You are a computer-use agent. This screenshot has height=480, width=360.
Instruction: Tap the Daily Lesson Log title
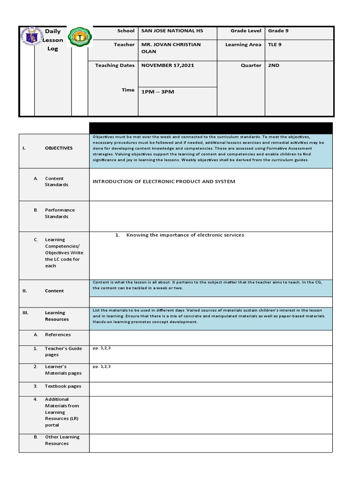(53, 40)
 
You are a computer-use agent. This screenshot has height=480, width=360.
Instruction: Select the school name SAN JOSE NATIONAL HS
(172, 31)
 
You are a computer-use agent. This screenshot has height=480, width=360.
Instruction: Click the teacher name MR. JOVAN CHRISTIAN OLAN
(171, 48)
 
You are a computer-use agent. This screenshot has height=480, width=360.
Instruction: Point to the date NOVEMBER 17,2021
(167, 66)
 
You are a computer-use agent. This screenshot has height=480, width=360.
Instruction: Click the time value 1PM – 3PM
(157, 92)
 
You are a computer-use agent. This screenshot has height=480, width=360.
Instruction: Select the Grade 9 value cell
(275, 31)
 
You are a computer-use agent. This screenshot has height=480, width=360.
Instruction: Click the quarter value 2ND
(273, 66)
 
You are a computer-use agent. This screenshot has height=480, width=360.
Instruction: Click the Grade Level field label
(246, 31)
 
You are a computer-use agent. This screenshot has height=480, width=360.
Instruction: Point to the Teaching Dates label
(115, 66)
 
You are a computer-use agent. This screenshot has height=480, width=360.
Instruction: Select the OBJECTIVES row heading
(59, 148)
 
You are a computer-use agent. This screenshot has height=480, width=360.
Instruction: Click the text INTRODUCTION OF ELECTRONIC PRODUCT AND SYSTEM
(164, 181)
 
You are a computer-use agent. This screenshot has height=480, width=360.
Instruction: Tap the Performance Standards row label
(60, 213)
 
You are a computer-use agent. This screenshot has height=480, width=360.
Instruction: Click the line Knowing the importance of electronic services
(185, 235)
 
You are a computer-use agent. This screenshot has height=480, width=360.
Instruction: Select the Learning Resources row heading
(57, 316)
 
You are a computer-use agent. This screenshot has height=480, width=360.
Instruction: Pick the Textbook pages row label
(63, 386)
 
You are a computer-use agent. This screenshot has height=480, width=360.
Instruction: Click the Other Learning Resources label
(62, 440)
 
